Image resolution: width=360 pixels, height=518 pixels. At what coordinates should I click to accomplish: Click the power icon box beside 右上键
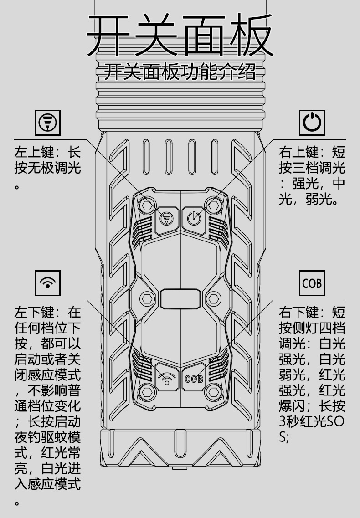click(312, 123)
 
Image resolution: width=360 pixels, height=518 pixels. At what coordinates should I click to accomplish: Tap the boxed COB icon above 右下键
click(312, 283)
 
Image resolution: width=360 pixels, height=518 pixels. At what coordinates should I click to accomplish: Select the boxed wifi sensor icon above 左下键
click(47, 283)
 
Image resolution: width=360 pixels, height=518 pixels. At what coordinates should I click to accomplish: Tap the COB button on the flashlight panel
click(194, 378)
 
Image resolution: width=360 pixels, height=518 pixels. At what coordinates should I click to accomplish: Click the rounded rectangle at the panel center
click(180, 299)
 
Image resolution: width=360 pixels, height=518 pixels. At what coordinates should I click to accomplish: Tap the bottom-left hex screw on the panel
click(147, 391)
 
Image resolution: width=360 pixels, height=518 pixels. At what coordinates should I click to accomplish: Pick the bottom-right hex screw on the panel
click(213, 391)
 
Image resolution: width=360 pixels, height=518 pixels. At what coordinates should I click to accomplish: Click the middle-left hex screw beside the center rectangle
click(147, 299)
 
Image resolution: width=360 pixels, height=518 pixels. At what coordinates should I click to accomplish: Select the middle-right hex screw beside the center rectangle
click(213, 299)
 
